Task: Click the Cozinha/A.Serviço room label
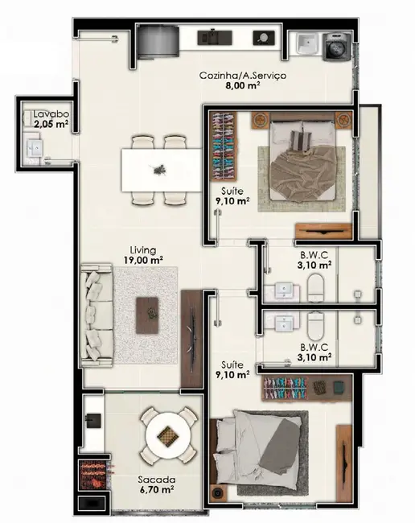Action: pyautogui.click(x=243, y=76)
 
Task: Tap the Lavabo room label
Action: pyautogui.click(x=49, y=115)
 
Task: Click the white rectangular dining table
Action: pyautogui.click(x=160, y=169)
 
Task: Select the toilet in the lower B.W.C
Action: pyautogui.click(x=316, y=324)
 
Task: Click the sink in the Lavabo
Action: pyautogui.click(x=34, y=147)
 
